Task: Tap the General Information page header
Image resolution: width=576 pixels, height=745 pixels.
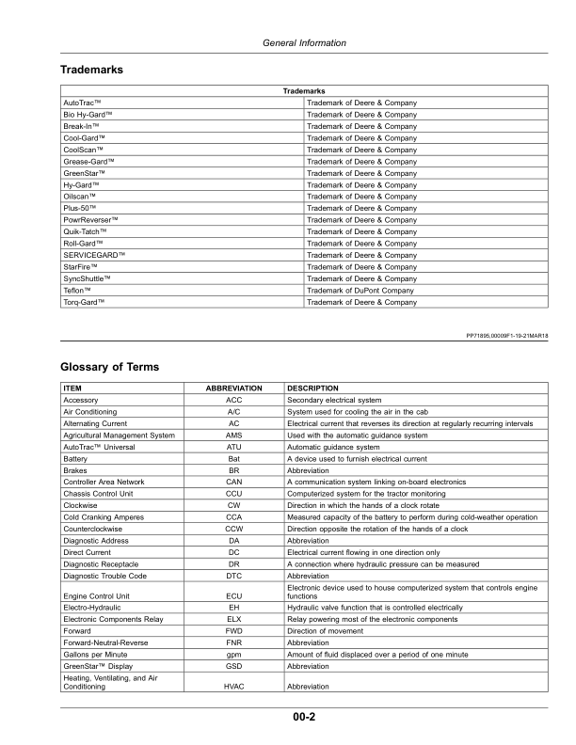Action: pyautogui.click(x=303, y=43)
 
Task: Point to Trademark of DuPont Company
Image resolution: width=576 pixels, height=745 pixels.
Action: pyautogui.click(x=360, y=291)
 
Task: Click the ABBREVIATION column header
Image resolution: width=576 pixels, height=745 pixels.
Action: pyautogui.click(x=235, y=388)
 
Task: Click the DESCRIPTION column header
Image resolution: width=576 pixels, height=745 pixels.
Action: pyautogui.click(x=313, y=388)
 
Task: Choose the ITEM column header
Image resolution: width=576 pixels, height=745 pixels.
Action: pyautogui.click(x=72, y=388)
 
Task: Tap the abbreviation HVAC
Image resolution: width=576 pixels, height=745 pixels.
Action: pyautogui.click(x=235, y=688)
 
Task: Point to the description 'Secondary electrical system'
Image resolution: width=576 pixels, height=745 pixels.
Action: pyautogui.click(x=334, y=400)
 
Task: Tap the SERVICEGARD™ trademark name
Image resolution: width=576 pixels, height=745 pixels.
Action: pyautogui.click(x=94, y=256)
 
